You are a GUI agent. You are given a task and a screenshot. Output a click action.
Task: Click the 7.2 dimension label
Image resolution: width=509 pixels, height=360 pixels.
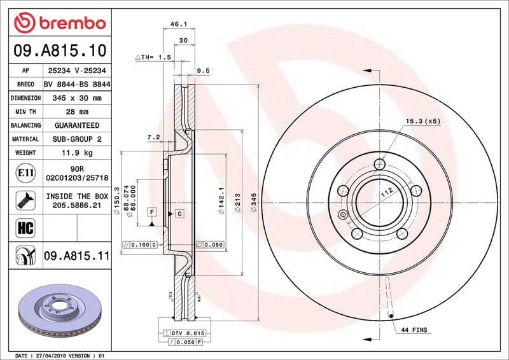153,137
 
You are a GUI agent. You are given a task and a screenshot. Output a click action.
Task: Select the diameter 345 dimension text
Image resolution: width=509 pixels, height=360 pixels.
254,202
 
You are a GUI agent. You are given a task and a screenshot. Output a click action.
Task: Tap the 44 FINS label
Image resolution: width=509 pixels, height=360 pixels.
415,330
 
